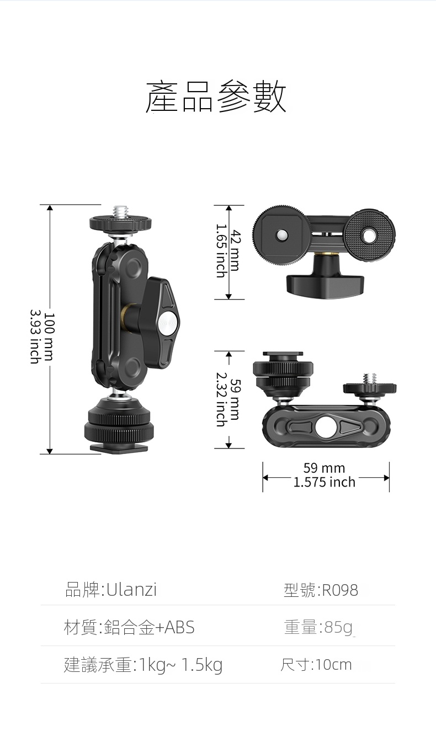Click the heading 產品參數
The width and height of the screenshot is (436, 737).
point(216,97)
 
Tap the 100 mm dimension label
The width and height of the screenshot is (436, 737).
point(49,337)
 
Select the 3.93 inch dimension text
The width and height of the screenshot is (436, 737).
point(35,337)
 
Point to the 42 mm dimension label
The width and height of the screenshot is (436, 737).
point(235,250)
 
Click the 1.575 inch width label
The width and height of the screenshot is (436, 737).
point(324,482)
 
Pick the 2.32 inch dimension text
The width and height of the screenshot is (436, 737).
point(221,399)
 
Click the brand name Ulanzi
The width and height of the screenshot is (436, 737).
point(131,590)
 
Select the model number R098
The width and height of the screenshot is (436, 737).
point(340,590)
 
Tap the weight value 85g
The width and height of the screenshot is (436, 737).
point(338,628)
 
